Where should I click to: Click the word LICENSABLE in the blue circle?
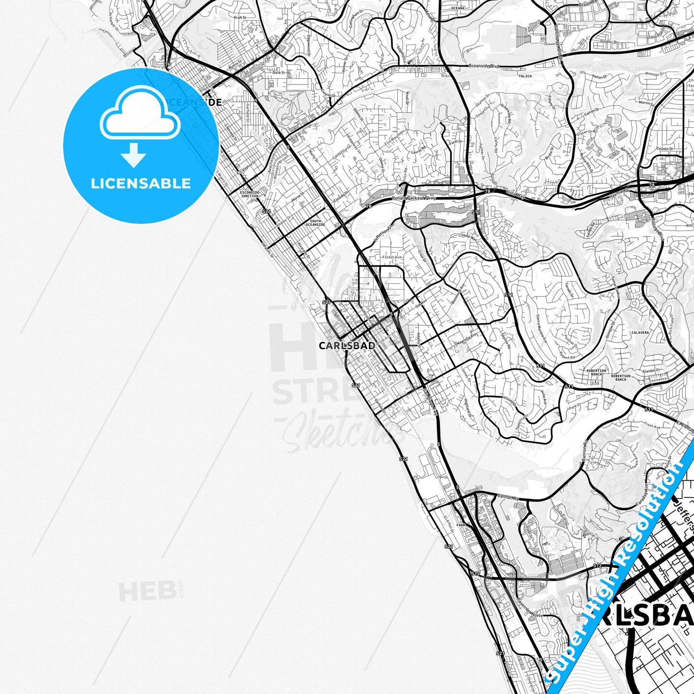[x=141, y=183]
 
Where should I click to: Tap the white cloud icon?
[x=140, y=115]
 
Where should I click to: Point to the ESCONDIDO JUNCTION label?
[x=249, y=194]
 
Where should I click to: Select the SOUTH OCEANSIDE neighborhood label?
[x=315, y=223]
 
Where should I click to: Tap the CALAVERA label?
[x=640, y=332]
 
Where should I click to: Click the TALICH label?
[x=525, y=76]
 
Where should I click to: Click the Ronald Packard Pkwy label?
[x=414, y=198]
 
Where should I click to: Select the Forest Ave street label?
[x=392, y=257]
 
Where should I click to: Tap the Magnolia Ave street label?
[x=466, y=339]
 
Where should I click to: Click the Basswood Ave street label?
[x=458, y=294]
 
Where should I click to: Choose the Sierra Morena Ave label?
[x=541, y=329]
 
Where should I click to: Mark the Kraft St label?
[x=240, y=17]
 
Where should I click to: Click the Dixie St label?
[x=279, y=73]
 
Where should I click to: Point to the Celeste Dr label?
[x=665, y=149]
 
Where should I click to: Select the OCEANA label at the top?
[x=458, y=8]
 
